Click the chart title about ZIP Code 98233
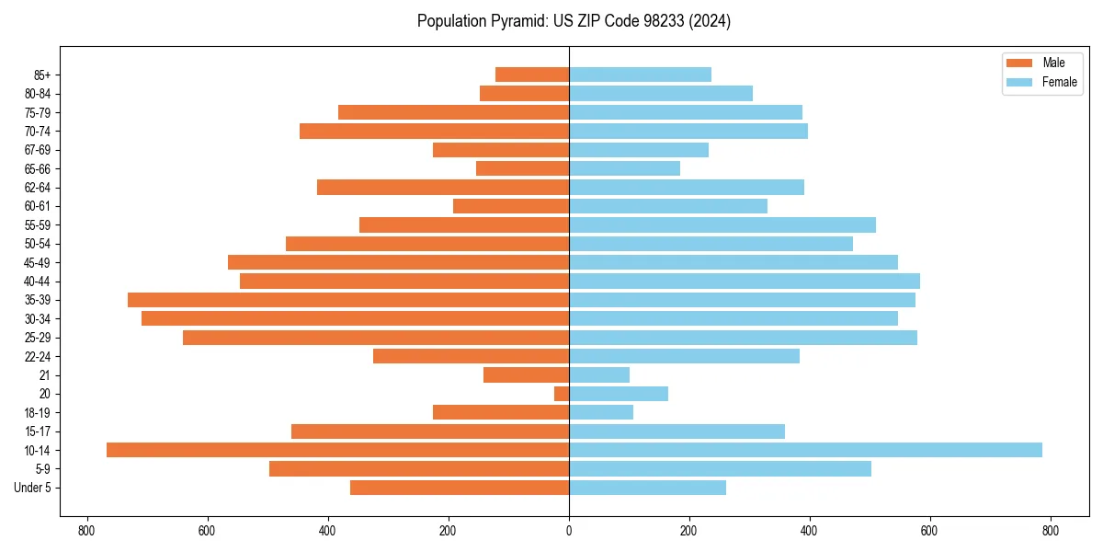[574, 21]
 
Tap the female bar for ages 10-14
[805, 450]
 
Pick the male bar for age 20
[562, 394]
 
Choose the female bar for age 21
[599, 375]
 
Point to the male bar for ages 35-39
[348, 300]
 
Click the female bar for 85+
[640, 75]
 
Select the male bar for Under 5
[460, 488]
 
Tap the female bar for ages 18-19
[601, 412]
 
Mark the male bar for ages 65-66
[522, 168]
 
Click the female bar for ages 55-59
[722, 224]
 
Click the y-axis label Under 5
[33, 488]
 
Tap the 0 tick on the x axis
[569, 531]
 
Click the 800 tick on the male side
[87, 531]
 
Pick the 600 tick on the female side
[930, 531]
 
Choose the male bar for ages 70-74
[434, 131]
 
